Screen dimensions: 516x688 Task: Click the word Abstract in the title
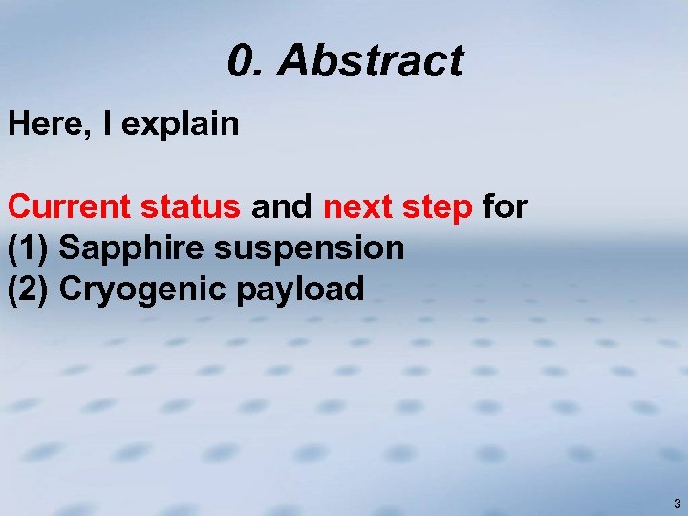point(371,61)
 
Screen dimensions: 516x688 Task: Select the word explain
point(182,125)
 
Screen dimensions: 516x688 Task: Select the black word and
point(282,205)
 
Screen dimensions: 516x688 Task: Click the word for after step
point(505,205)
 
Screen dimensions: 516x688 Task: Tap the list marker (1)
point(29,247)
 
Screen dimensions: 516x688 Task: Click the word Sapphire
point(133,248)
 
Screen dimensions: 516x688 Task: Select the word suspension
point(310,248)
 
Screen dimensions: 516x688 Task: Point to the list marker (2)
point(29,289)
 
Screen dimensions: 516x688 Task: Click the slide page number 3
point(677,504)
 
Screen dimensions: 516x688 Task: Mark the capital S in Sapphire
point(69,247)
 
